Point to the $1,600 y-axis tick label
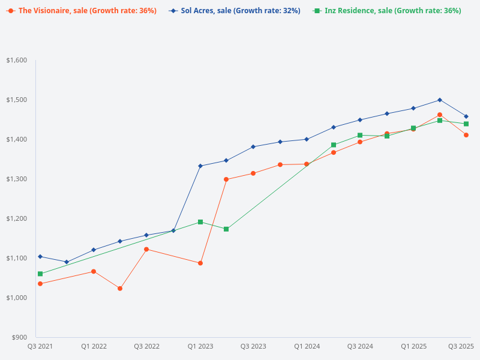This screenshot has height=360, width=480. [x=17, y=60]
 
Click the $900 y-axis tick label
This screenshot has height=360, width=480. [x=19, y=337]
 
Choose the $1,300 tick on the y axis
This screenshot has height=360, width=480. [x=17, y=179]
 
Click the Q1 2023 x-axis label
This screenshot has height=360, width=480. [x=200, y=346]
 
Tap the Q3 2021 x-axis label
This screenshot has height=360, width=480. [x=40, y=346]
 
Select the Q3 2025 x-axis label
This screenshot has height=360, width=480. [x=461, y=346]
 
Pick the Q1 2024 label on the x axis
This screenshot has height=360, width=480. [x=307, y=346]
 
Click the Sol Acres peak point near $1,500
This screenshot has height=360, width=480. [x=440, y=100]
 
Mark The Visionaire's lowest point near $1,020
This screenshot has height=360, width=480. [x=120, y=289]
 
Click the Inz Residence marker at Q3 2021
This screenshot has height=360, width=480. [x=40, y=274]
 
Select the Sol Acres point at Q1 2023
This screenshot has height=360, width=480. [x=200, y=166]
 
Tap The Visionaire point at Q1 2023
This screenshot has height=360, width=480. [x=200, y=263]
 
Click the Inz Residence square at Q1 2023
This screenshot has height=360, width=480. [x=200, y=222]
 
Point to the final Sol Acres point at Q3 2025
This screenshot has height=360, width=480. [x=466, y=116]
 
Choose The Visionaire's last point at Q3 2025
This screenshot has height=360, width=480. [x=466, y=135]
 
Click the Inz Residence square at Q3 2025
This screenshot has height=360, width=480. [x=466, y=124]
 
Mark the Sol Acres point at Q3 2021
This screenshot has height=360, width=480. [x=40, y=256]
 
